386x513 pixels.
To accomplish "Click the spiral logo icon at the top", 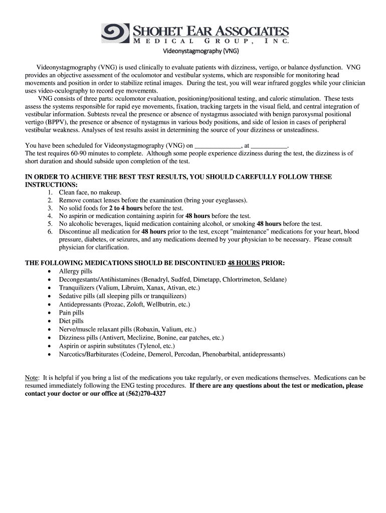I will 116,33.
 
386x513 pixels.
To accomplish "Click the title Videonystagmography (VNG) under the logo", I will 202,51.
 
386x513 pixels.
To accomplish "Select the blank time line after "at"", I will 269,145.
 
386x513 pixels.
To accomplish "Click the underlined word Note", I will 32,378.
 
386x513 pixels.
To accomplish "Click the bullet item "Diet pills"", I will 71,321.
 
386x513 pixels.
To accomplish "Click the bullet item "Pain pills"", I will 72,313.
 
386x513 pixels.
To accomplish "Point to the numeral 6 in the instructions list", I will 50,232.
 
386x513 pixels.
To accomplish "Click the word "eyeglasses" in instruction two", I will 230,200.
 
